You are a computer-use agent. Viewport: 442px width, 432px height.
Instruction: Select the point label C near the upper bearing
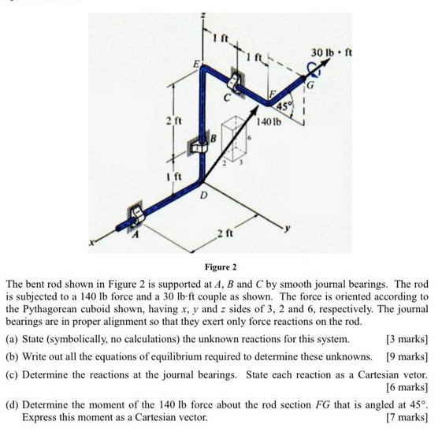pos(226,98)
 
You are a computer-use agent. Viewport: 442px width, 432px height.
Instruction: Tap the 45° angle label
pos(283,106)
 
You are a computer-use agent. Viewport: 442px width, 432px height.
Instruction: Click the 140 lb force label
pos(268,122)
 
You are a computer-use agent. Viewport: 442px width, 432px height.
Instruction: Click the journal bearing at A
pos(134,214)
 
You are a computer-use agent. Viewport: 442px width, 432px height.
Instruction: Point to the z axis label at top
pos(202,16)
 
